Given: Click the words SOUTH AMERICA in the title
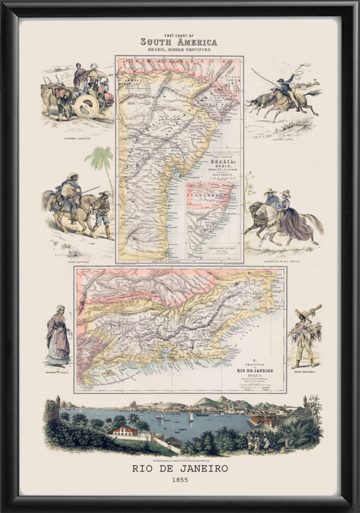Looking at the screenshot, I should [179, 42].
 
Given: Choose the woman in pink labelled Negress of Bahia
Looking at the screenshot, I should [59, 335].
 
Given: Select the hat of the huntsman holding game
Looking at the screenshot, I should [303, 314].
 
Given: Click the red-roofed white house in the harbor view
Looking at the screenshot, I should [125, 430].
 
